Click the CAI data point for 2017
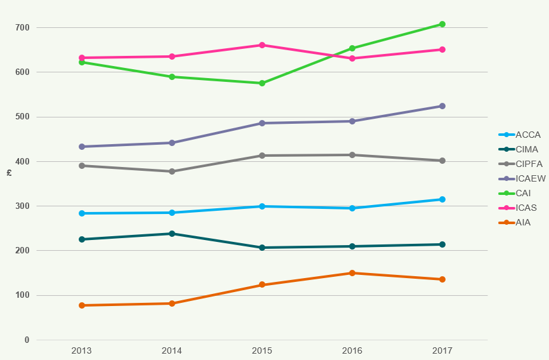point(442,24)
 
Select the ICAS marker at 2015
point(262,45)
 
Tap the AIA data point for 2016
point(352,273)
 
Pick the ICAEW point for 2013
point(82,147)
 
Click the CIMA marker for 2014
point(172,234)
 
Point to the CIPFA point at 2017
point(442,161)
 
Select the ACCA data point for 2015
point(262,206)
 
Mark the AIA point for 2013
point(82,305)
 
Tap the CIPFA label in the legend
point(529,164)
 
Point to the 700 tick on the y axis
point(23,28)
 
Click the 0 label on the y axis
point(27,340)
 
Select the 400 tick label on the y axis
point(23,162)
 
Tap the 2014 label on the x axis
point(172,350)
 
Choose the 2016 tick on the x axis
point(352,350)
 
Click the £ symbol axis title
point(9,173)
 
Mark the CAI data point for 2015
point(262,83)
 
